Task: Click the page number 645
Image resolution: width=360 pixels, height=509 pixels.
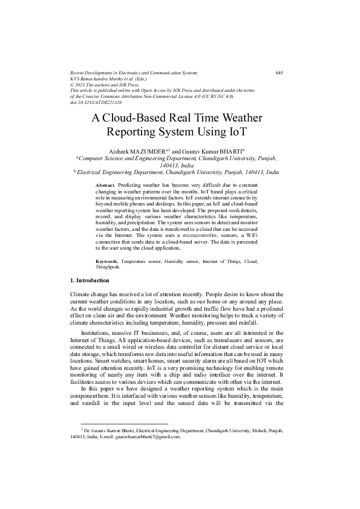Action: click(x=279, y=73)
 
